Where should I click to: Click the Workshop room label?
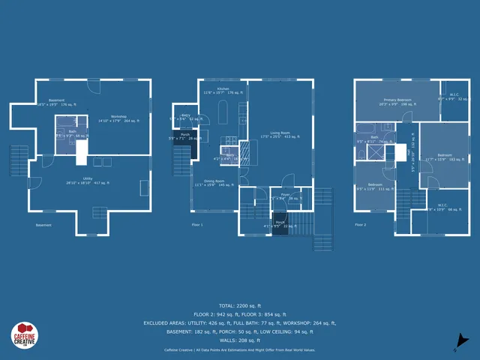pyautogui.click(x=118, y=117)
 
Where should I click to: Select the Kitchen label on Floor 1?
pyautogui.click(x=223, y=90)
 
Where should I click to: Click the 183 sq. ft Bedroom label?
pyautogui.click(x=445, y=157)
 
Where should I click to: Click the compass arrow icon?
pyautogui.click(x=463, y=342)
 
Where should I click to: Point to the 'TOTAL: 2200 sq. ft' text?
pyautogui.click(x=240, y=305)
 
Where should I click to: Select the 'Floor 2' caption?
pyautogui.click(x=361, y=224)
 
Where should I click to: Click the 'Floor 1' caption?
pyautogui.click(x=197, y=224)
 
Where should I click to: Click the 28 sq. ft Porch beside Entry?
pyautogui.click(x=183, y=138)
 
